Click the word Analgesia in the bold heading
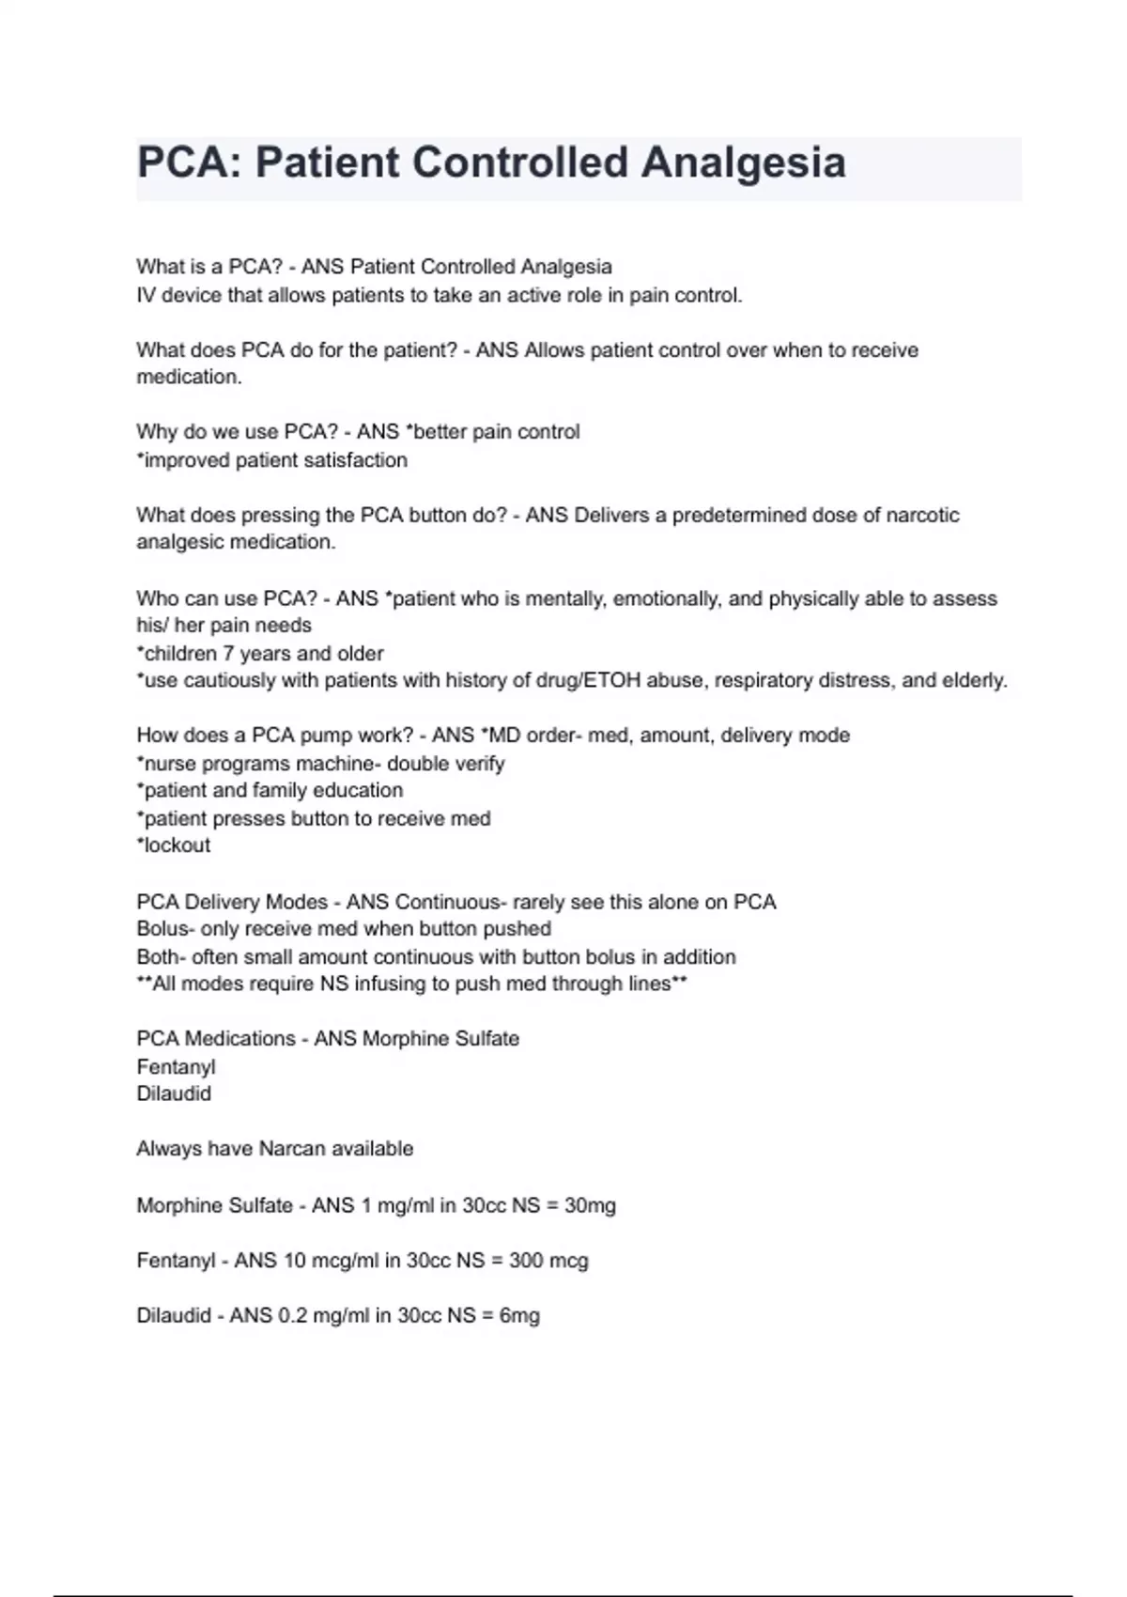pos(743,163)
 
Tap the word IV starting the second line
pos(146,295)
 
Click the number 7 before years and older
pos(227,653)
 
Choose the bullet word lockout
pos(176,845)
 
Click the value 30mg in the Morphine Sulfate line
pos(590,1205)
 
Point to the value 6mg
pos(519,1315)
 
